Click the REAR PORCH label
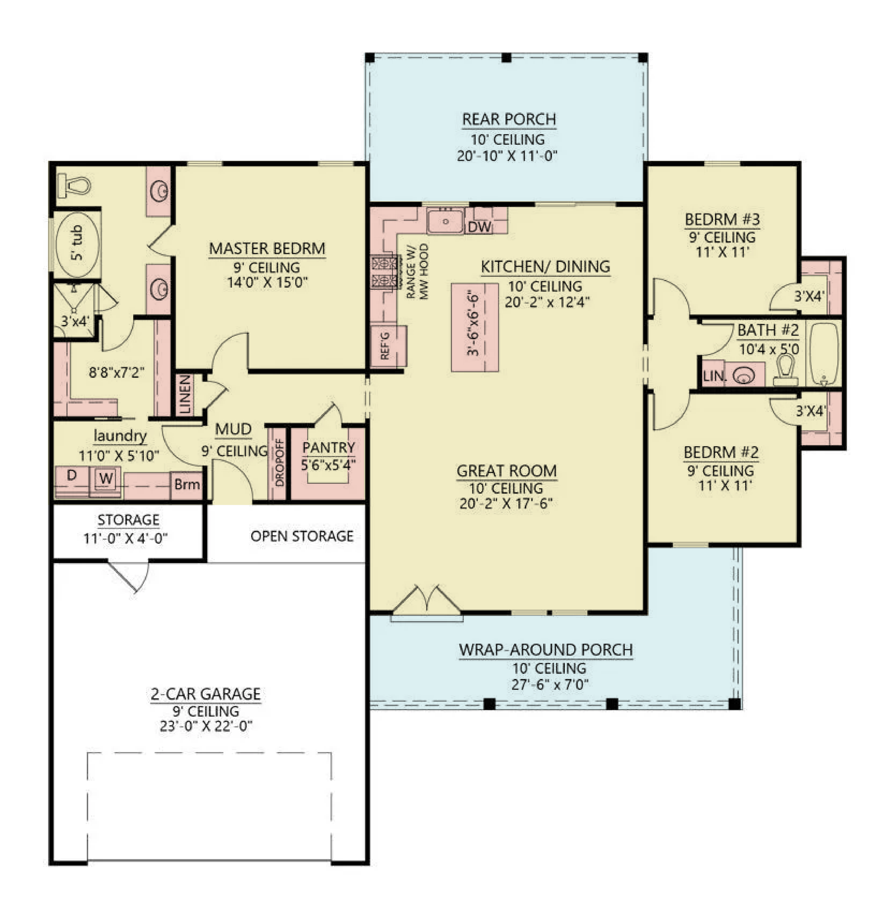(509, 119)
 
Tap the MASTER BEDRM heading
(267, 249)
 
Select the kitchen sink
(445, 221)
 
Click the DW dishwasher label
(479, 227)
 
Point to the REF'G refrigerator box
(388, 346)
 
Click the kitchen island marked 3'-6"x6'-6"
(475, 328)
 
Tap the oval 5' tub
(78, 245)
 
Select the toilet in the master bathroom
(74, 186)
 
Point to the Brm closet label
(187, 484)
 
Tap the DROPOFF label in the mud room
(279, 463)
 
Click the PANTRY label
(328, 447)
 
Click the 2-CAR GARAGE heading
(205, 694)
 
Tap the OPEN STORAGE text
(302, 536)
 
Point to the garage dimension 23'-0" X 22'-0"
(206, 726)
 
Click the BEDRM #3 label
(722, 219)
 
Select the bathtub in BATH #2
(824, 354)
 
